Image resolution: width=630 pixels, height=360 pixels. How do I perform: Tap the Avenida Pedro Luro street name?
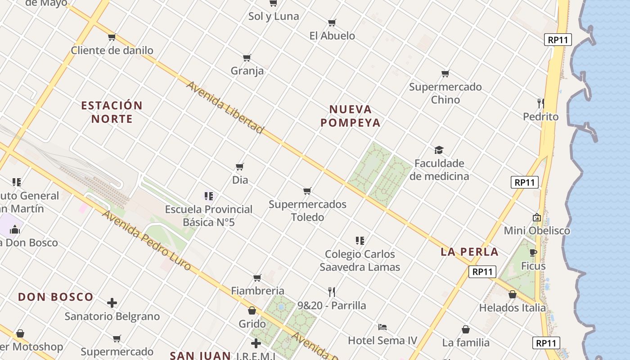(147, 240)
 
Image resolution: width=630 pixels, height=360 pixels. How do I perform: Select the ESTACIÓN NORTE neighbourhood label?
(112, 112)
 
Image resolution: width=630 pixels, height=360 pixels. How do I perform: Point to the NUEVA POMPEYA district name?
(351, 116)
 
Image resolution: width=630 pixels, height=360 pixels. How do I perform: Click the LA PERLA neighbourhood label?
(469, 252)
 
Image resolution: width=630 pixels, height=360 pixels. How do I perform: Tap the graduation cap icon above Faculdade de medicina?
(439, 150)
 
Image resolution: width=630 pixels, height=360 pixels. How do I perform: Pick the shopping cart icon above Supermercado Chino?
(445, 73)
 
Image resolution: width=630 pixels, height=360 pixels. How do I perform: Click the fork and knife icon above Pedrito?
(540, 103)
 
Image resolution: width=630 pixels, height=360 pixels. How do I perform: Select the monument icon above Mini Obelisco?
(536, 217)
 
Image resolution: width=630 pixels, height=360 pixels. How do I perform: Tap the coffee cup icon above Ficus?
(533, 252)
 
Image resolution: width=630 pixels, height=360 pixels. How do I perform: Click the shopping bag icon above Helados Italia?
(512, 294)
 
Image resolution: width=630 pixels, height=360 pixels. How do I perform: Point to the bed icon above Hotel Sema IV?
(382, 327)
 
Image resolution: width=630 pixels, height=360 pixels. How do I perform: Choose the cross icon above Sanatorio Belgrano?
(112, 303)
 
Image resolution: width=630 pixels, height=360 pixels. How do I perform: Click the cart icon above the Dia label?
(240, 166)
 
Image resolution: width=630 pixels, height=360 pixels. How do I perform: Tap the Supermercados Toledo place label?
(307, 211)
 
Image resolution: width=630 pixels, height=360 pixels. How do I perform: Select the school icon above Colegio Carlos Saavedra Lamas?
(360, 240)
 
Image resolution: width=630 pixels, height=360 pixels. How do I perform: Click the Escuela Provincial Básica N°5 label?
(209, 216)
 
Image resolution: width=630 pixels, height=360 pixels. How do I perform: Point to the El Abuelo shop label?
(332, 36)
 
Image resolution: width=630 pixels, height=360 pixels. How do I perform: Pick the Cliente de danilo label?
(112, 50)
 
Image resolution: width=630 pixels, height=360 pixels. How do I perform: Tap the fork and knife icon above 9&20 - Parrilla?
(332, 292)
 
